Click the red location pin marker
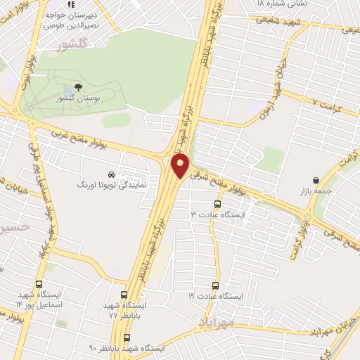tap(181, 166)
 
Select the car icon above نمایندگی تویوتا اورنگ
tap(111, 174)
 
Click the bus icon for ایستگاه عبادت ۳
tap(217, 205)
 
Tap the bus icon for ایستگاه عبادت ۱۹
tap(216, 286)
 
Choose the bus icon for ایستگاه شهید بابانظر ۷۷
tap(124, 295)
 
